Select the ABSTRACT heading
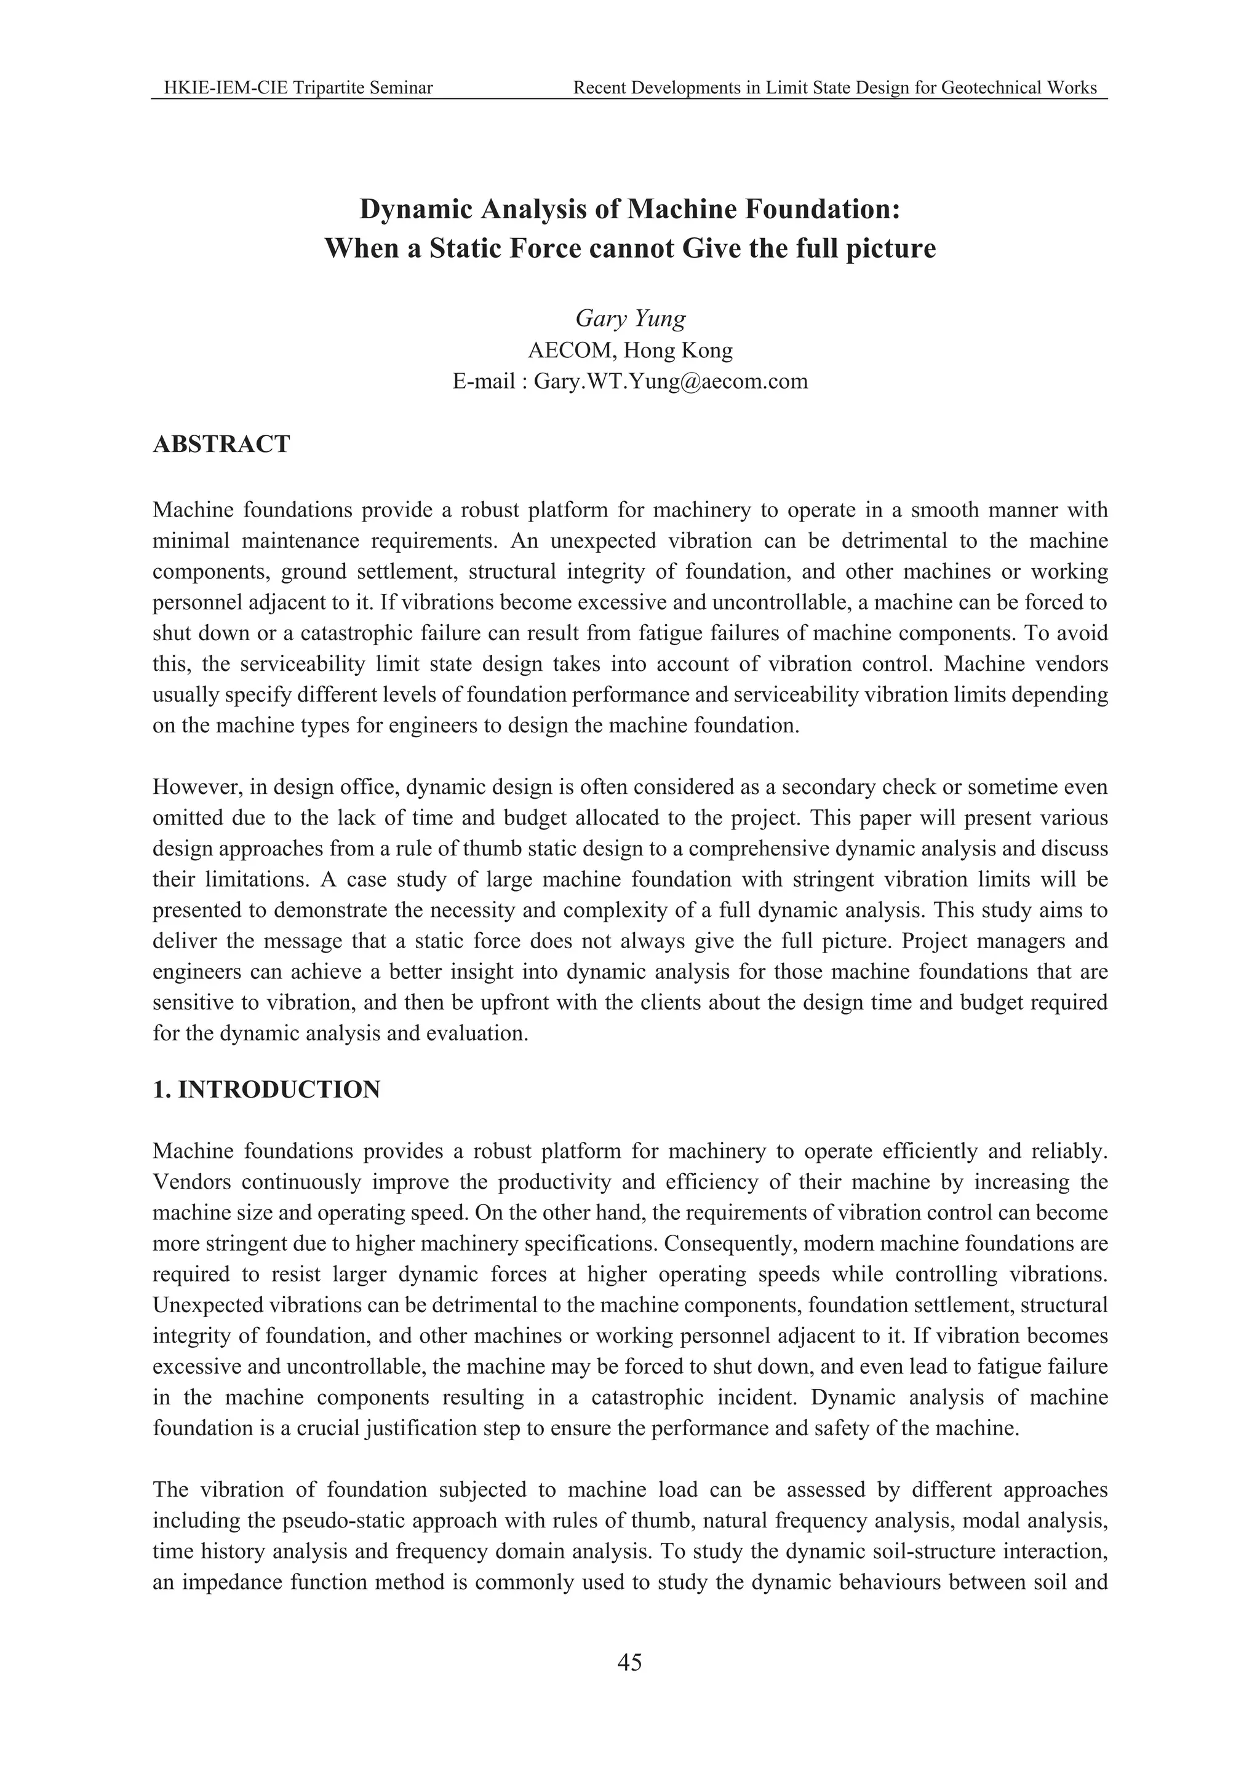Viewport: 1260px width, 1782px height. [x=221, y=445]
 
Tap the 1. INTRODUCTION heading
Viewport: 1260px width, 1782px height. [x=266, y=1089]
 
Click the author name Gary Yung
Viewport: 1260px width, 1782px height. [x=629, y=319]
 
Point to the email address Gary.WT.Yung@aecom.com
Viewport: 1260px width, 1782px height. [x=671, y=381]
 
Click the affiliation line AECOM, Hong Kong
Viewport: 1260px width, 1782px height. [x=629, y=351]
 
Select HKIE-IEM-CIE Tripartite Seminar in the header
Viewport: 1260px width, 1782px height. [x=298, y=88]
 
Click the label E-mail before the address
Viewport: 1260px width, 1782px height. [x=484, y=381]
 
